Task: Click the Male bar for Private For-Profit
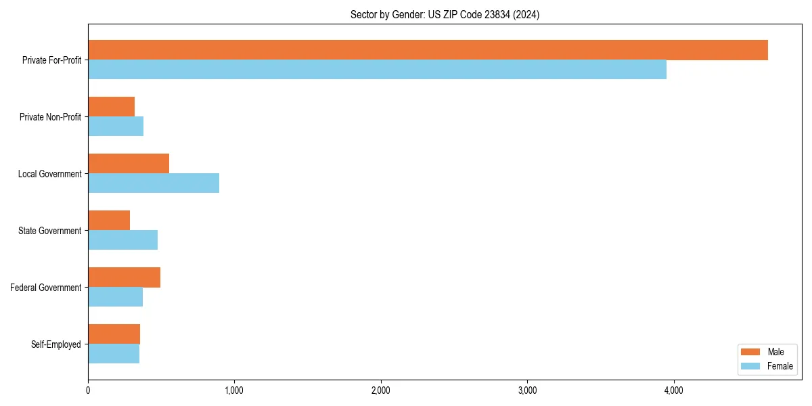tap(428, 50)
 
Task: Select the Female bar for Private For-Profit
tap(377, 70)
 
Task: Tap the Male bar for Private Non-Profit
tap(112, 107)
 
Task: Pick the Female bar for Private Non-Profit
tap(116, 127)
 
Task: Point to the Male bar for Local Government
tap(129, 164)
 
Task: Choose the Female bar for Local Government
tap(154, 183)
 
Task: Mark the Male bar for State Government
tap(109, 221)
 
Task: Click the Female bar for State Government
tap(122, 240)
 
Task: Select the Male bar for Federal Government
tap(124, 277)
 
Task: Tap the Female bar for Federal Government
tap(115, 297)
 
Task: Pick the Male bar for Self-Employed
tap(114, 334)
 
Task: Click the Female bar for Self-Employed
tap(114, 354)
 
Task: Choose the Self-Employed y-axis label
tap(55, 344)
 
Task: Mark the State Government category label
tap(49, 231)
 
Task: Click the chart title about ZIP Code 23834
tap(445, 14)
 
